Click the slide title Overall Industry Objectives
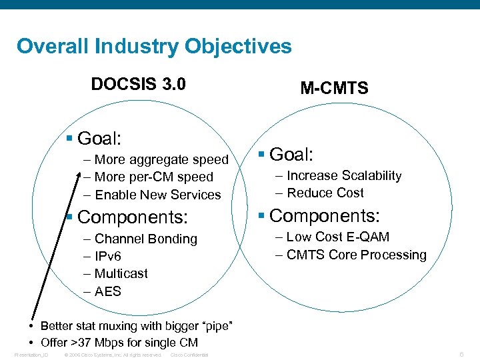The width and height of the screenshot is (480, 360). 154,47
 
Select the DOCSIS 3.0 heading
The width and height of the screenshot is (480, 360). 138,85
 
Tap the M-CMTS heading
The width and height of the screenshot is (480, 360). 334,89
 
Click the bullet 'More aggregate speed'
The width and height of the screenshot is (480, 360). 161,159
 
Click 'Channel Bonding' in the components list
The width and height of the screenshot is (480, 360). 145,239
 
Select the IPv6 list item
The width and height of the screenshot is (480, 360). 107,257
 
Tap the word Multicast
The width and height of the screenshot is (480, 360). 121,274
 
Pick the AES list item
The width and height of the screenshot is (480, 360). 107,291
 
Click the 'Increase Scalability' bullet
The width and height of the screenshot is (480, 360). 344,176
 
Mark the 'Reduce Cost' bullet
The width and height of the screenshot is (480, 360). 325,193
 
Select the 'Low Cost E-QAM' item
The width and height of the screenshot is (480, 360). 337,237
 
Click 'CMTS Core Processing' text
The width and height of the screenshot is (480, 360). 356,255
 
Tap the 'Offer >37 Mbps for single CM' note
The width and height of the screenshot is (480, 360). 119,343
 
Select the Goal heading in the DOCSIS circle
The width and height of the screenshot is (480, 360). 99,139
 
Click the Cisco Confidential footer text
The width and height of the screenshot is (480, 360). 189,355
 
